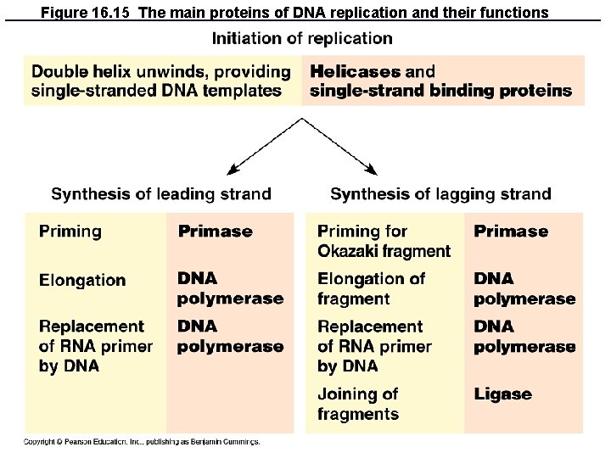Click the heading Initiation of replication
point(301,39)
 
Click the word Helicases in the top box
point(348,72)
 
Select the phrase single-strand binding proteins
point(440,91)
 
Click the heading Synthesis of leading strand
point(161,194)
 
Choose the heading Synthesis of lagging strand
point(440,194)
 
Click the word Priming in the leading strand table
point(70,232)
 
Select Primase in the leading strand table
point(215,232)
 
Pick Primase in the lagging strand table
point(511,232)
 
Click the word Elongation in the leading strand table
point(82,280)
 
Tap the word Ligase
point(502,394)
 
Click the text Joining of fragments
point(358,404)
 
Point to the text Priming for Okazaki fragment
point(384,241)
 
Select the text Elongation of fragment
point(371,288)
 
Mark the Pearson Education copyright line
point(141,441)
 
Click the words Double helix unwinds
point(112,72)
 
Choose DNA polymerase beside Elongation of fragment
point(524,288)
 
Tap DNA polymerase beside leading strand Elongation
point(230,288)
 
